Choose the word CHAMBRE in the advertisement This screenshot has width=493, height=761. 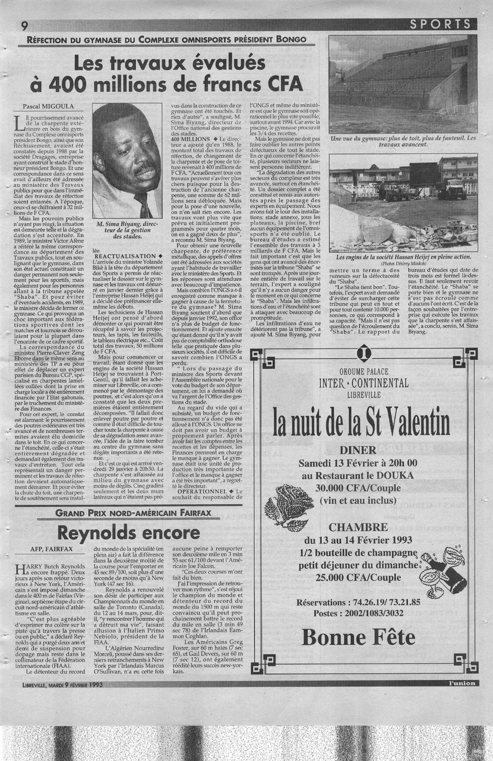click(x=362, y=527)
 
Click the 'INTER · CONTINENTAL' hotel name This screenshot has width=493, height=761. click(x=363, y=383)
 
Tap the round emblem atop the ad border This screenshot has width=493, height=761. click(x=363, y=355)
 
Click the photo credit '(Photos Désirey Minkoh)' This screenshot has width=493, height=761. click(x=403, y=263)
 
